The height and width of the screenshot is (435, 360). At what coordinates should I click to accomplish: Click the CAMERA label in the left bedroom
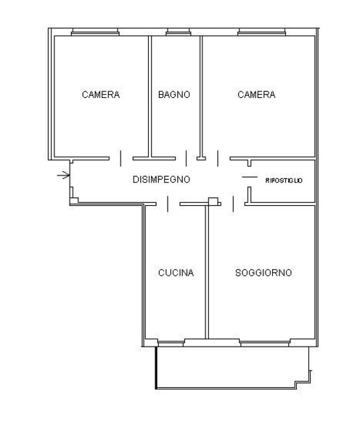[101, 94]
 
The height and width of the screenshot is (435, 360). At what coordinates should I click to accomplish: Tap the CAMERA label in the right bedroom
[256, 94]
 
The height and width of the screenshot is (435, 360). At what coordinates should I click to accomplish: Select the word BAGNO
[174, 94]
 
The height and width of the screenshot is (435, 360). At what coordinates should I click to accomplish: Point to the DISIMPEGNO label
[161, 180]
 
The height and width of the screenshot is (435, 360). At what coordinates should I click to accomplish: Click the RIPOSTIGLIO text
[284, 181]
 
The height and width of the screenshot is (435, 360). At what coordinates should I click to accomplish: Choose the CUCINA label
[176, 273]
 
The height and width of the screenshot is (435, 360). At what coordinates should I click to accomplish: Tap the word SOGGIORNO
[263, 273]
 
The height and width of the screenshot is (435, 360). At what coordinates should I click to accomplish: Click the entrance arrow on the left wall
[63, 175]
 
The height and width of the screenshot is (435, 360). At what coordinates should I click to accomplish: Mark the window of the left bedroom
[95, 33]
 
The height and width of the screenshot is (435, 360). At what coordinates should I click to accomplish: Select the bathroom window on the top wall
[179, 33]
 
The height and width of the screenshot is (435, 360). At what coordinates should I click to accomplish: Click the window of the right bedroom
[262, 33]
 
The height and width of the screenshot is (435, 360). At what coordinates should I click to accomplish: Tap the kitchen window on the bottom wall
[171, 344]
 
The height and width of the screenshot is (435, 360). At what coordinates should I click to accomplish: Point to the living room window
[265, 344]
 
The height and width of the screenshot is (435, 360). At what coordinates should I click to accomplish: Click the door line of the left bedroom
[120, 159]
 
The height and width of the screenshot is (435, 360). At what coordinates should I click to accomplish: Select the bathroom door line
[186, 159]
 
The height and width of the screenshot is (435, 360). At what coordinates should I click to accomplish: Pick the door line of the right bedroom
[218, 159]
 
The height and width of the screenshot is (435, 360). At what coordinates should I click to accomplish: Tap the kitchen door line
[168, 204]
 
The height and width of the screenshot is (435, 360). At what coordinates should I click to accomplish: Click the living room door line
[233, 204]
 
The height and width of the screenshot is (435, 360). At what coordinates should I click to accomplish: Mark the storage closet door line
[250, 177]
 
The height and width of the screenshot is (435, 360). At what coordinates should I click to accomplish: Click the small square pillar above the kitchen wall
[213, 201]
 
